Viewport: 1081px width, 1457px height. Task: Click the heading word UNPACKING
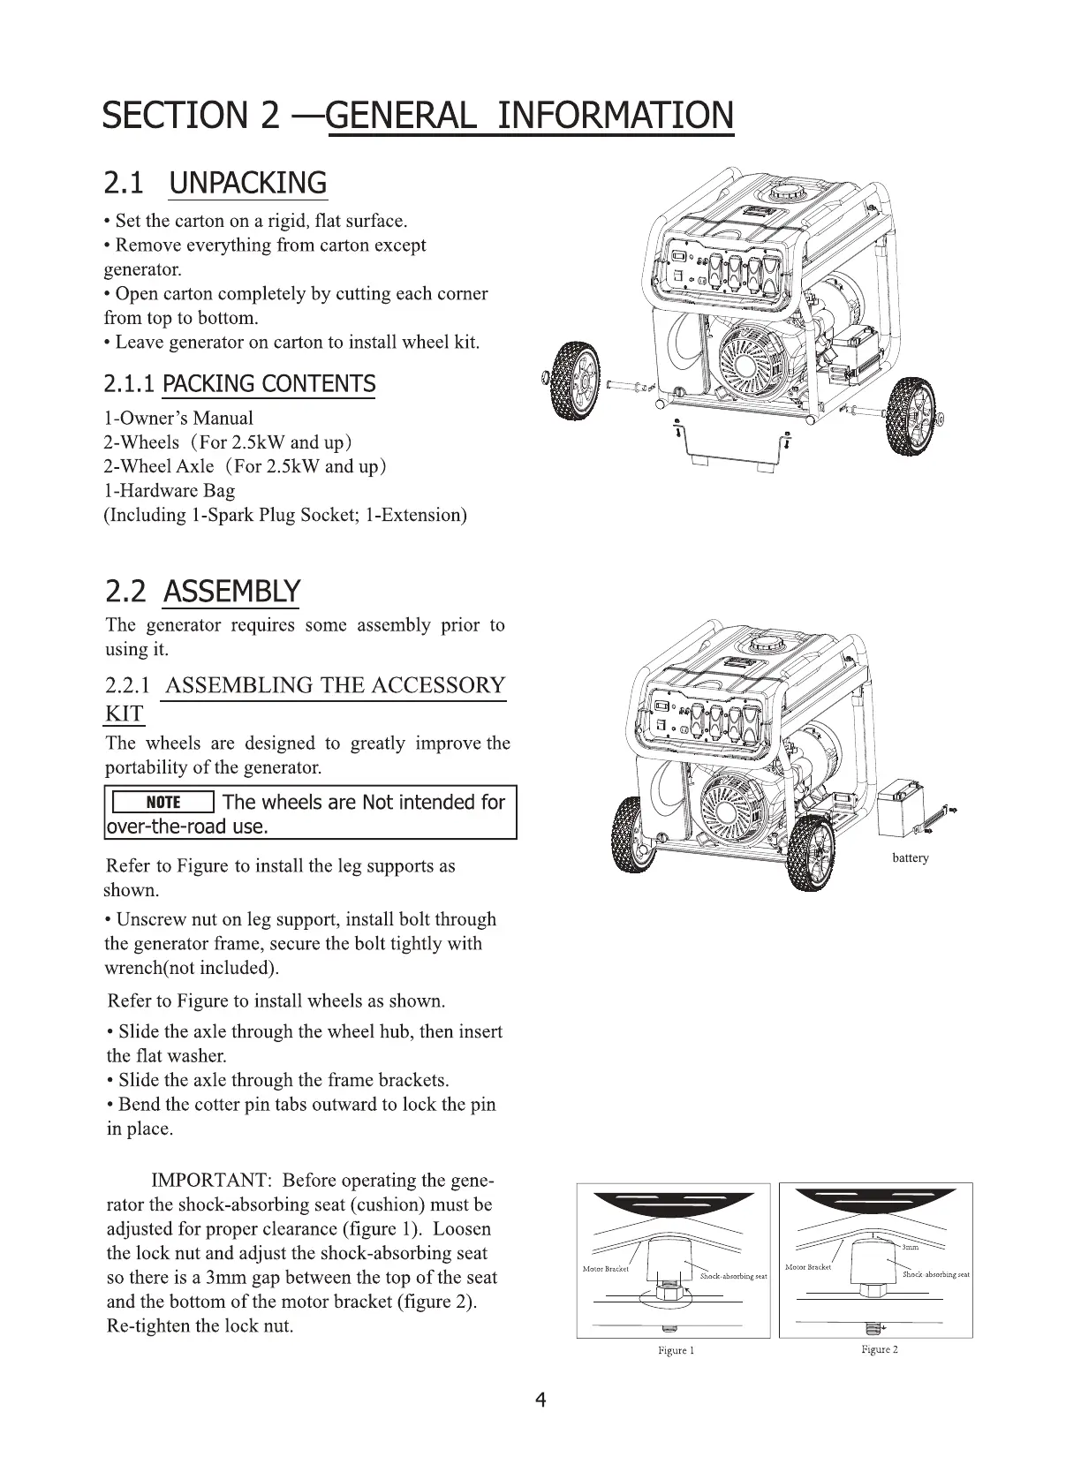point(247,184)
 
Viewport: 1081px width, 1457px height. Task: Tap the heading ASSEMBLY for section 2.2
point(231,591)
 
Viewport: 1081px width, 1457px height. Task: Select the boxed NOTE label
point(163,802)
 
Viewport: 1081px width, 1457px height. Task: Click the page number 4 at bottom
point(540,1400)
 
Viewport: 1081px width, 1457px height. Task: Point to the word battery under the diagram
point(910,857)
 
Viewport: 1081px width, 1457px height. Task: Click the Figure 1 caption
point(677,1351)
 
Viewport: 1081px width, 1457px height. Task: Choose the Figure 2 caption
point(880,1350)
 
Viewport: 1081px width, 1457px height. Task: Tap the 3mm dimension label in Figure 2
point(911,1248)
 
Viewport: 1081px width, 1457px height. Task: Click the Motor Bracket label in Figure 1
point(606,1269)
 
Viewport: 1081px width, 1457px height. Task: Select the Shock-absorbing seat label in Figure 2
point(936,1275)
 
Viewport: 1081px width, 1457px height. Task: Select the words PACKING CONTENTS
point(269,384)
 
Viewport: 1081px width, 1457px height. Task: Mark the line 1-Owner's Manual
point(178,419)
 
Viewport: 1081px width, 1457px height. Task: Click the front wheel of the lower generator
point(809,853)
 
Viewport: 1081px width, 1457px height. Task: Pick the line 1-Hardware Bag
point(170,491)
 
